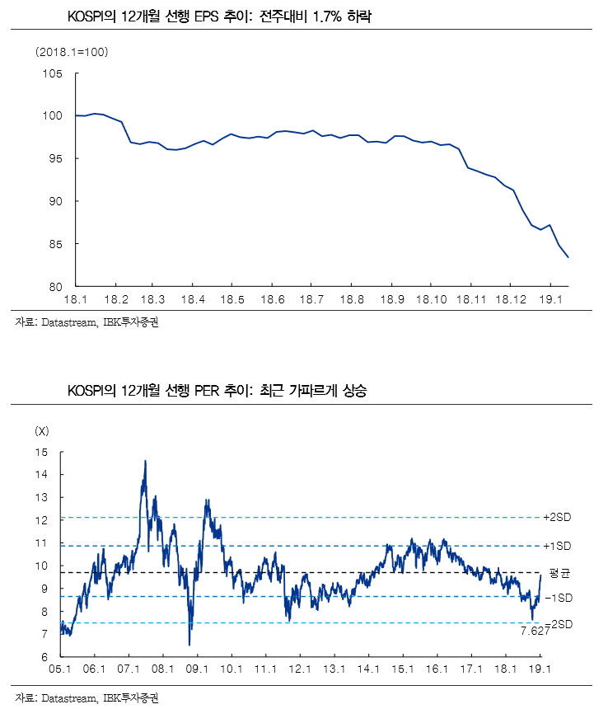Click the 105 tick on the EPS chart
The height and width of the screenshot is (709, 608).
tap(53, 73)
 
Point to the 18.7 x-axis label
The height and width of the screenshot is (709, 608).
tap(311, 298)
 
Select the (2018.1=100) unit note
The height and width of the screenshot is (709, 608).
tap(72, 53)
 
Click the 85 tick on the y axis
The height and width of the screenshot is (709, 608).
tap(56, 244)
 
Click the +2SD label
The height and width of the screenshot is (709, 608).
tap(558, 517)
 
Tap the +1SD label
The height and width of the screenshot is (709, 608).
tap(558, 546)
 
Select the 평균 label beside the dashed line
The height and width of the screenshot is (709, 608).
tap(559, 572)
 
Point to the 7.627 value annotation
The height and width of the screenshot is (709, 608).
tap(536, 631)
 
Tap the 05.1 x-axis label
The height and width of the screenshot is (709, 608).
tap(61, 669)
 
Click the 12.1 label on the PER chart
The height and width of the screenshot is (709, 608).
tap(300, 669)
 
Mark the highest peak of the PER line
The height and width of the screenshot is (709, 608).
tap(145, 462)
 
